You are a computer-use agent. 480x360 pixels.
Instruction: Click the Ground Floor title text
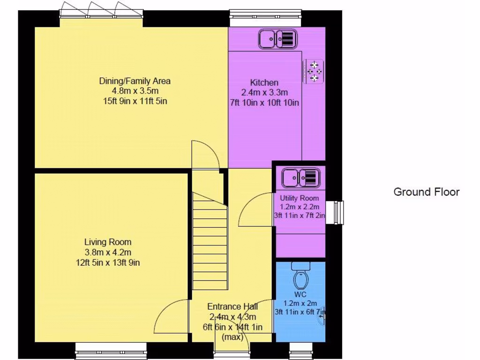426,192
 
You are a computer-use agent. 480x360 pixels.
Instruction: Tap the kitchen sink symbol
277,38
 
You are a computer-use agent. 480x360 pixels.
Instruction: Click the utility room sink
300,178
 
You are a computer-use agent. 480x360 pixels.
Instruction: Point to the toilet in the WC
300,276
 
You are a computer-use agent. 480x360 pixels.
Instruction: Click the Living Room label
108,242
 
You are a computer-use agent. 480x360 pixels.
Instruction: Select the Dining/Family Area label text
135,81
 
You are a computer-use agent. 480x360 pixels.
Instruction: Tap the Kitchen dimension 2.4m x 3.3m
264,92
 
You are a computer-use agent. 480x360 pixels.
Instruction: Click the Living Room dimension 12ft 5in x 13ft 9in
108,262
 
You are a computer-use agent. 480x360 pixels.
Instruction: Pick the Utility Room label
300,198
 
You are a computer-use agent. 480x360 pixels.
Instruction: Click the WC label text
300,294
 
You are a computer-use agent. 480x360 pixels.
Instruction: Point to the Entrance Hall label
232,307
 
